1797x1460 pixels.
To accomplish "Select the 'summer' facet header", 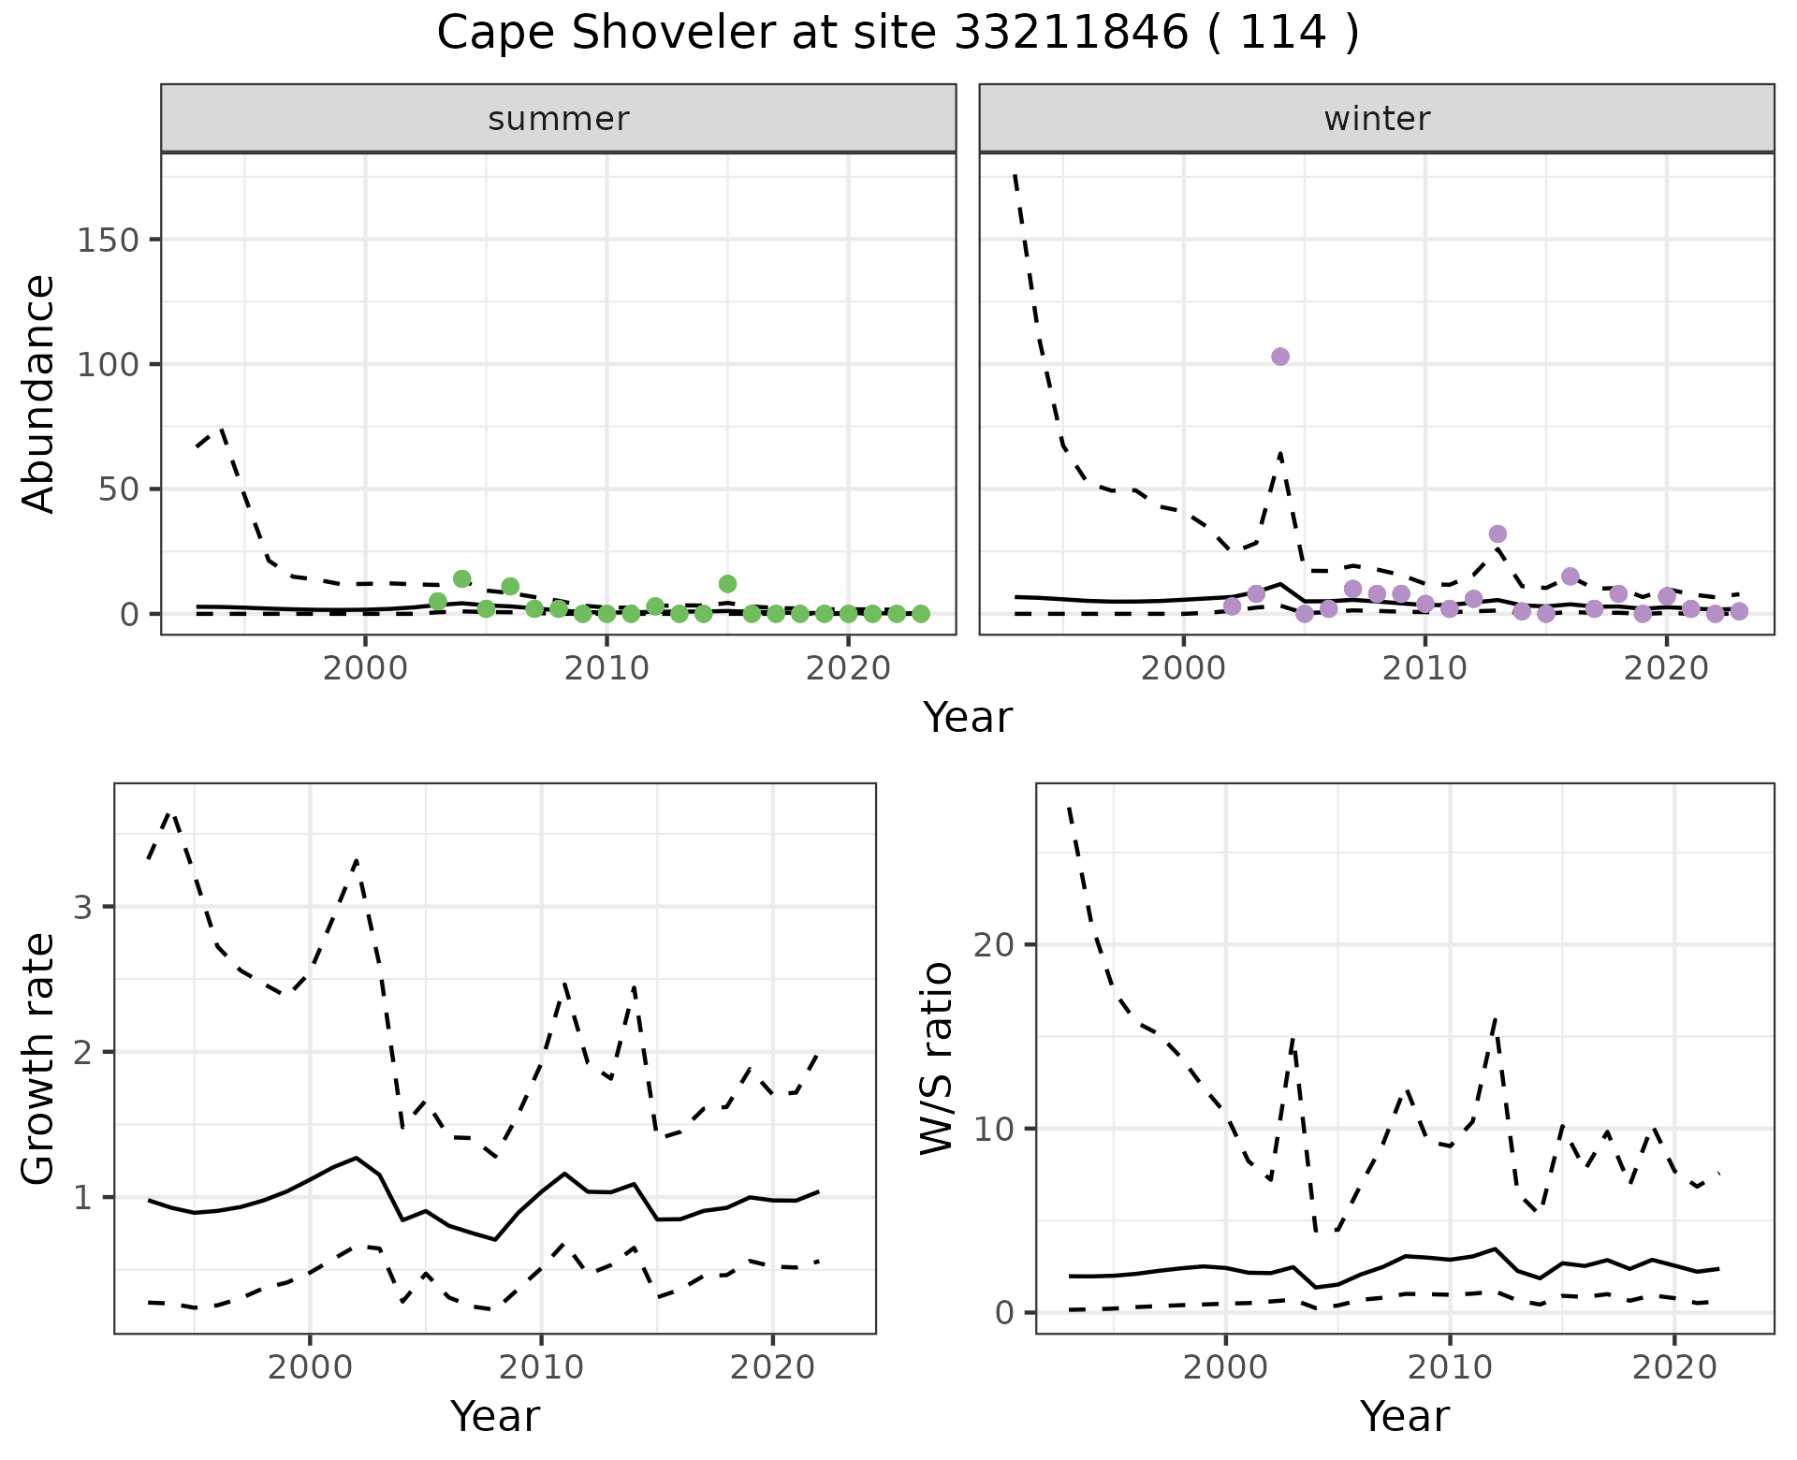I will (x=559, y=119).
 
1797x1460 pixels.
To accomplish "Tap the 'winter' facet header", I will (x=1377, y=119).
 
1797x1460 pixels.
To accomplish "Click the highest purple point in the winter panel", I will (x=1280, y=357).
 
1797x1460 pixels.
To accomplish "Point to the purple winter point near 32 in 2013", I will (x=1497, y=534).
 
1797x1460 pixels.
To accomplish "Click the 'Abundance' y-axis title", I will (x=39, y=394).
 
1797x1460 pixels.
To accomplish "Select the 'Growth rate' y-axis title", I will (x=39, y=1058).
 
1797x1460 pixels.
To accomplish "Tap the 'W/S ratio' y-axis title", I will (x=937, y=1058).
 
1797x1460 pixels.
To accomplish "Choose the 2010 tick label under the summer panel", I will (x=606, y=670).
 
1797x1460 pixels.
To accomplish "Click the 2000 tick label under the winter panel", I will (x=1183, y=670).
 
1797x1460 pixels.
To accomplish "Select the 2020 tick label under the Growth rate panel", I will (x=771, y=1368).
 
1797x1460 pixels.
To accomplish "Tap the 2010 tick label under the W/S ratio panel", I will (x=1449, y=1368).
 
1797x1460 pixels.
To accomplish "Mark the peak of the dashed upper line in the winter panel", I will (x=1016, y=174).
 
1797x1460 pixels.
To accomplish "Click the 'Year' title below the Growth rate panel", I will (x=495, y=1417).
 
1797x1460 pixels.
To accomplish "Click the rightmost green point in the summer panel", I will (x=921, y=614).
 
